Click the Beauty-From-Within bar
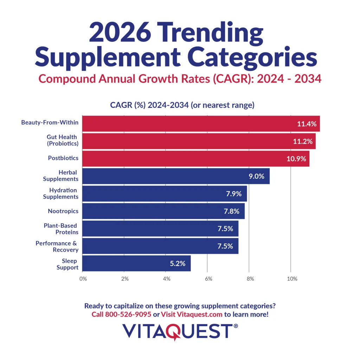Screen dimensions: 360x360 [x=200, y=124]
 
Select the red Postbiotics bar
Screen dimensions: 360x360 [x=195, y=159]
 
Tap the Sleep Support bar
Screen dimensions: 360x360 [x=136, y=263]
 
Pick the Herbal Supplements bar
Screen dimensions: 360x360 [x=176, y=176]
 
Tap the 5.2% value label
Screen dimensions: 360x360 [x=178, y=263]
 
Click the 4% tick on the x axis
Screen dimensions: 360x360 [x=166, y=279]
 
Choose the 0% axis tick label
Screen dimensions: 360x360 [x=83, y=279]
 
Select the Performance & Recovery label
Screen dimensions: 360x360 [x=57, y=246]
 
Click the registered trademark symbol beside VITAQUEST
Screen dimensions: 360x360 [x=236, y=326]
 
